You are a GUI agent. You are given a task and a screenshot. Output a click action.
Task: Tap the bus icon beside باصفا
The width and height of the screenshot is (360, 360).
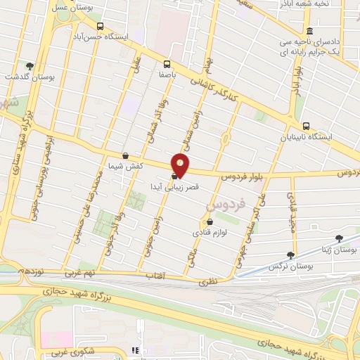[x=167, y=61]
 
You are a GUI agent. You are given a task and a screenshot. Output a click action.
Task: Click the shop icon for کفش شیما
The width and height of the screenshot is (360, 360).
[x=125, y=155]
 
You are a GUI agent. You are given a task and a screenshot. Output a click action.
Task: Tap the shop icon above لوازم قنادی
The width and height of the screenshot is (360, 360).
[x=209, y=222]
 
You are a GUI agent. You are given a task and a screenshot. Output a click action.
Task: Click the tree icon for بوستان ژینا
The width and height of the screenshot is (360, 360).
[x=340, y=239]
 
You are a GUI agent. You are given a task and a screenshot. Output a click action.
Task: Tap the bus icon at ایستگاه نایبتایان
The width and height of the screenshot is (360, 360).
[x=305, y=126]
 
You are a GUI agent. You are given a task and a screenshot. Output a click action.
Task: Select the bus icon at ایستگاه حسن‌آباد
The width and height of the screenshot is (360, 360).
[x=98, y=23]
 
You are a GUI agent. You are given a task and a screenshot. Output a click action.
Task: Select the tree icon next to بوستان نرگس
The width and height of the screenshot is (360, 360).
[x=291, y=255]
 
